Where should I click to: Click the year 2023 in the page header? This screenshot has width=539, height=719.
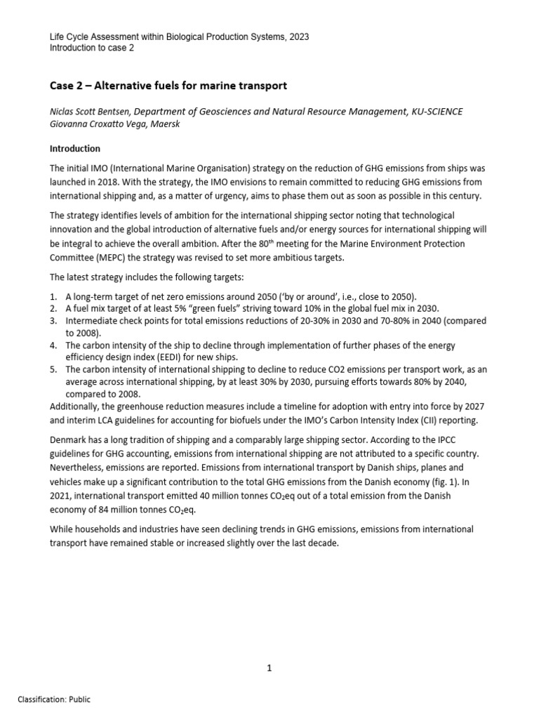(x=298, y=36)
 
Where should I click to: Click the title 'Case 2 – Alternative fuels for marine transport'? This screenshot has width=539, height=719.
(x=168, y=86)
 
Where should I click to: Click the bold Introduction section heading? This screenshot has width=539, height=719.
(x=74, y=149)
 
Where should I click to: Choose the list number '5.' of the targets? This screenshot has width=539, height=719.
(x=53, y=369)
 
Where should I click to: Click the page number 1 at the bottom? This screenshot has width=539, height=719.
(x=269, y=668)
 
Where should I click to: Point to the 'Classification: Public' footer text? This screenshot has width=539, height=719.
(x=54, y=699)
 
